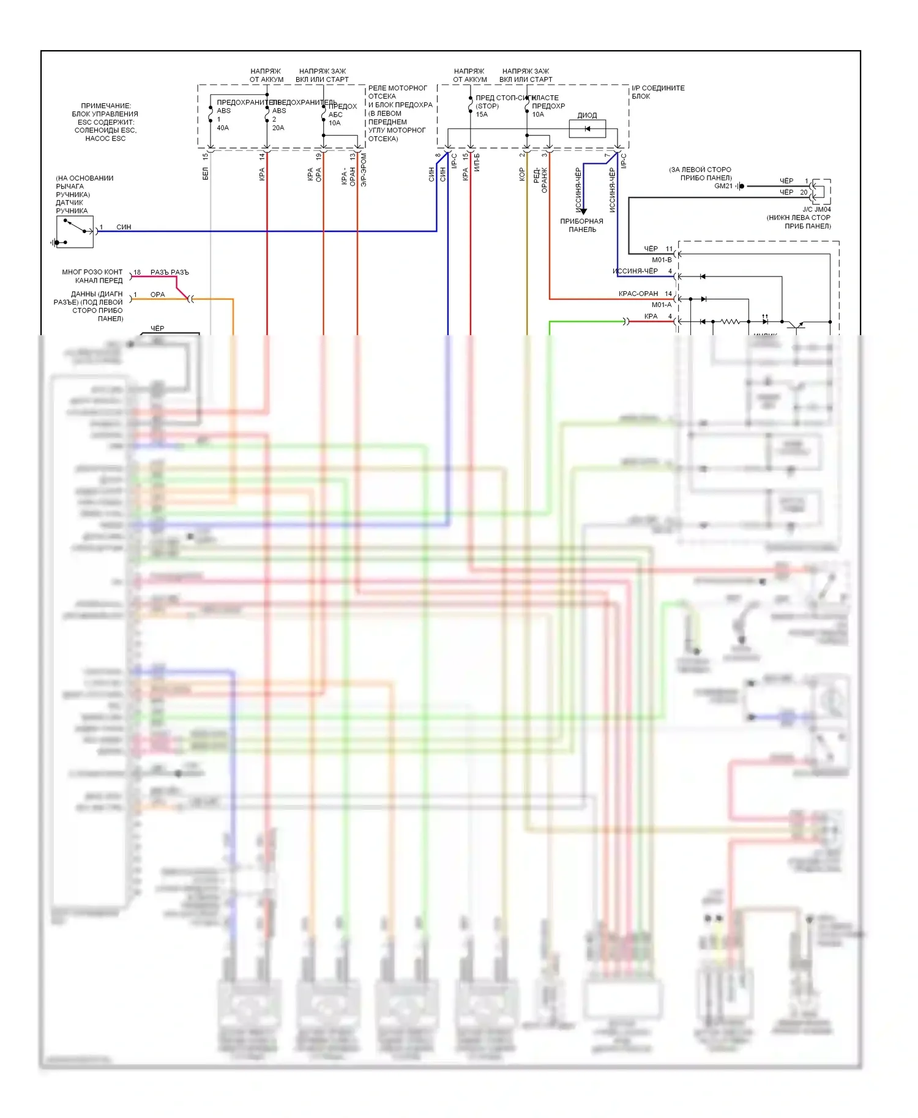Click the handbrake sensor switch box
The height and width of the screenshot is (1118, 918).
(75, 232)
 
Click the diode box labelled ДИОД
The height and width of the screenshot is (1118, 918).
(587, 128)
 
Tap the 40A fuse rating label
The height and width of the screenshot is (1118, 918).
(223, 128)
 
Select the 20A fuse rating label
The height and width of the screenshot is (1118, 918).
(278, 128)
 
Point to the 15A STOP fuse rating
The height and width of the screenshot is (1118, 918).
(482, 114)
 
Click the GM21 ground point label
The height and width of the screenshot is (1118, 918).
(723, 186)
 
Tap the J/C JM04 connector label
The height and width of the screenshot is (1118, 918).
(816, 209)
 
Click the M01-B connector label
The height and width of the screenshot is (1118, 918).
(662, 260)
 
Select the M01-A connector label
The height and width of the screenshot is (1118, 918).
(662, 305)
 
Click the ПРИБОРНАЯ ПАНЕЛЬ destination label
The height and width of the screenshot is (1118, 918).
(581, 225)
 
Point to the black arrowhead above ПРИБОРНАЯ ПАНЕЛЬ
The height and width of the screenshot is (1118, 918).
(583, 211)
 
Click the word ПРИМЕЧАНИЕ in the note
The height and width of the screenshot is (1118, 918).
(106, 106)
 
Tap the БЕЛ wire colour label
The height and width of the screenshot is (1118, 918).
(206, 174)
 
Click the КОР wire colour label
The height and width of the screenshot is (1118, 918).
(522, 175)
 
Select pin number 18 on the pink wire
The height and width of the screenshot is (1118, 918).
(137, 272)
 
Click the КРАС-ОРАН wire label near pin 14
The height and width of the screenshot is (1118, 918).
(638, 294)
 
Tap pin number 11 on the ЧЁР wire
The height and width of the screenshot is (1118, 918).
(669, 249)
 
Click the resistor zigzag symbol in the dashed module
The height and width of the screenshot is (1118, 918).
(730, 321)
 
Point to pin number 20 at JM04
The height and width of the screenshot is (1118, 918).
(804, 192)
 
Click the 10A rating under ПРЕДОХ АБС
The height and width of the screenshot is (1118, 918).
(334, 123)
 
